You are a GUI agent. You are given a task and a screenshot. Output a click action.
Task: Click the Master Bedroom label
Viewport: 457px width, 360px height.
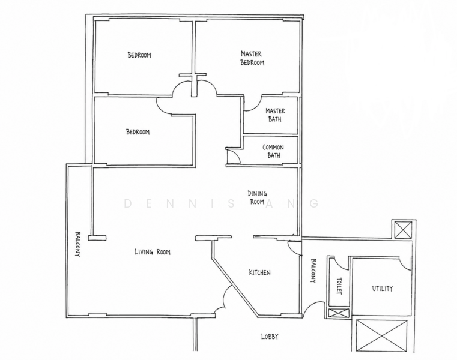click(x=252, y=58)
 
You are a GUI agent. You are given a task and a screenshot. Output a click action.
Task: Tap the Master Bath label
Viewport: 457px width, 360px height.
click(x=275, y=115)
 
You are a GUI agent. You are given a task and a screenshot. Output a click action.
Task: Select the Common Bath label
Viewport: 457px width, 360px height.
click(x=273, y=151)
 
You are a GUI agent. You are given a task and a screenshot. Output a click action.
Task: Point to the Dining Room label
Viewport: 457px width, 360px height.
click(x=257, y=197)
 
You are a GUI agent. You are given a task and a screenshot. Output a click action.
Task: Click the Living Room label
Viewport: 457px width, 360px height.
click(x=153, y=251)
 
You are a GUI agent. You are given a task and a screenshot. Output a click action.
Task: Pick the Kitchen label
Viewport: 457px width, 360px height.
click(x=259, y=272)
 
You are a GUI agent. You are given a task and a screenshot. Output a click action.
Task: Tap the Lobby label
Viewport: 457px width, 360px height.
click(x=270, y=337)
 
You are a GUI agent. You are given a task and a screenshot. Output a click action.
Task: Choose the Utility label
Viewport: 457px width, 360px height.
click(x=383, y=289)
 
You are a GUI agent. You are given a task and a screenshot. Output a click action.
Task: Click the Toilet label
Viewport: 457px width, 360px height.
click(x=339, y=286)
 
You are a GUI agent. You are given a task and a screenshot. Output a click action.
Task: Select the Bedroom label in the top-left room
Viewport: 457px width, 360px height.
click(x=139, y=55)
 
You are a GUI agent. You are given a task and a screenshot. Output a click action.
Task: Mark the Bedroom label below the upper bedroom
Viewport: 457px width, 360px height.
click(x=138, y=132)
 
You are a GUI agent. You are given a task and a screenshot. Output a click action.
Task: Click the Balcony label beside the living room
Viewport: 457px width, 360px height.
click(x=77, y=244)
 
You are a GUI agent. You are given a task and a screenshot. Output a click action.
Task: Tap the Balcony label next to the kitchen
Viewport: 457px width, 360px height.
click(x=313, y=271)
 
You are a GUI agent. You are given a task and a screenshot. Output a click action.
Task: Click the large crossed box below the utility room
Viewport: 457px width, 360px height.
click(x=381, y=336)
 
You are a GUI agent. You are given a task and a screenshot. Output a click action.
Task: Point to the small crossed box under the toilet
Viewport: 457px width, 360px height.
click(x=339, y=313)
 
